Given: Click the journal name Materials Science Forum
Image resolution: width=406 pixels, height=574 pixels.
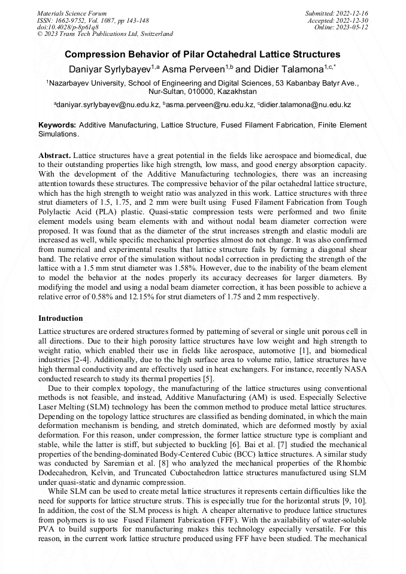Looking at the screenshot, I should click(72, 13).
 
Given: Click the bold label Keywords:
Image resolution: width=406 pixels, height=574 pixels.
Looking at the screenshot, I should click(57, 125).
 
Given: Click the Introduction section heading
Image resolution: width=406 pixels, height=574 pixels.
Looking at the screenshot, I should click(60, 318).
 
